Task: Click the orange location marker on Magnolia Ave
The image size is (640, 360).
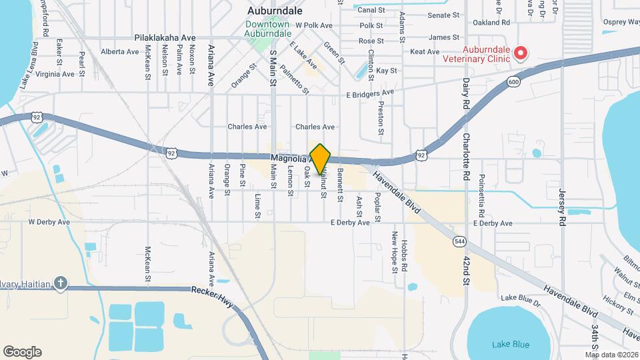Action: [x=321, y=159]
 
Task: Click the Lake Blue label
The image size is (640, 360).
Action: [x=511, y=345]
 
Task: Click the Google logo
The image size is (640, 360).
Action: [x=22, y=352]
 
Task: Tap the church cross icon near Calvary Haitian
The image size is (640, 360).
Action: [x=61, y=283]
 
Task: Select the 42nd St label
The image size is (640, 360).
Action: [x=465, y=265]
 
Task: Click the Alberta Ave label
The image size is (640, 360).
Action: [x=119, y=51]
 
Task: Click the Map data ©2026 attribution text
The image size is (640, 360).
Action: [x=611, y=355]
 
